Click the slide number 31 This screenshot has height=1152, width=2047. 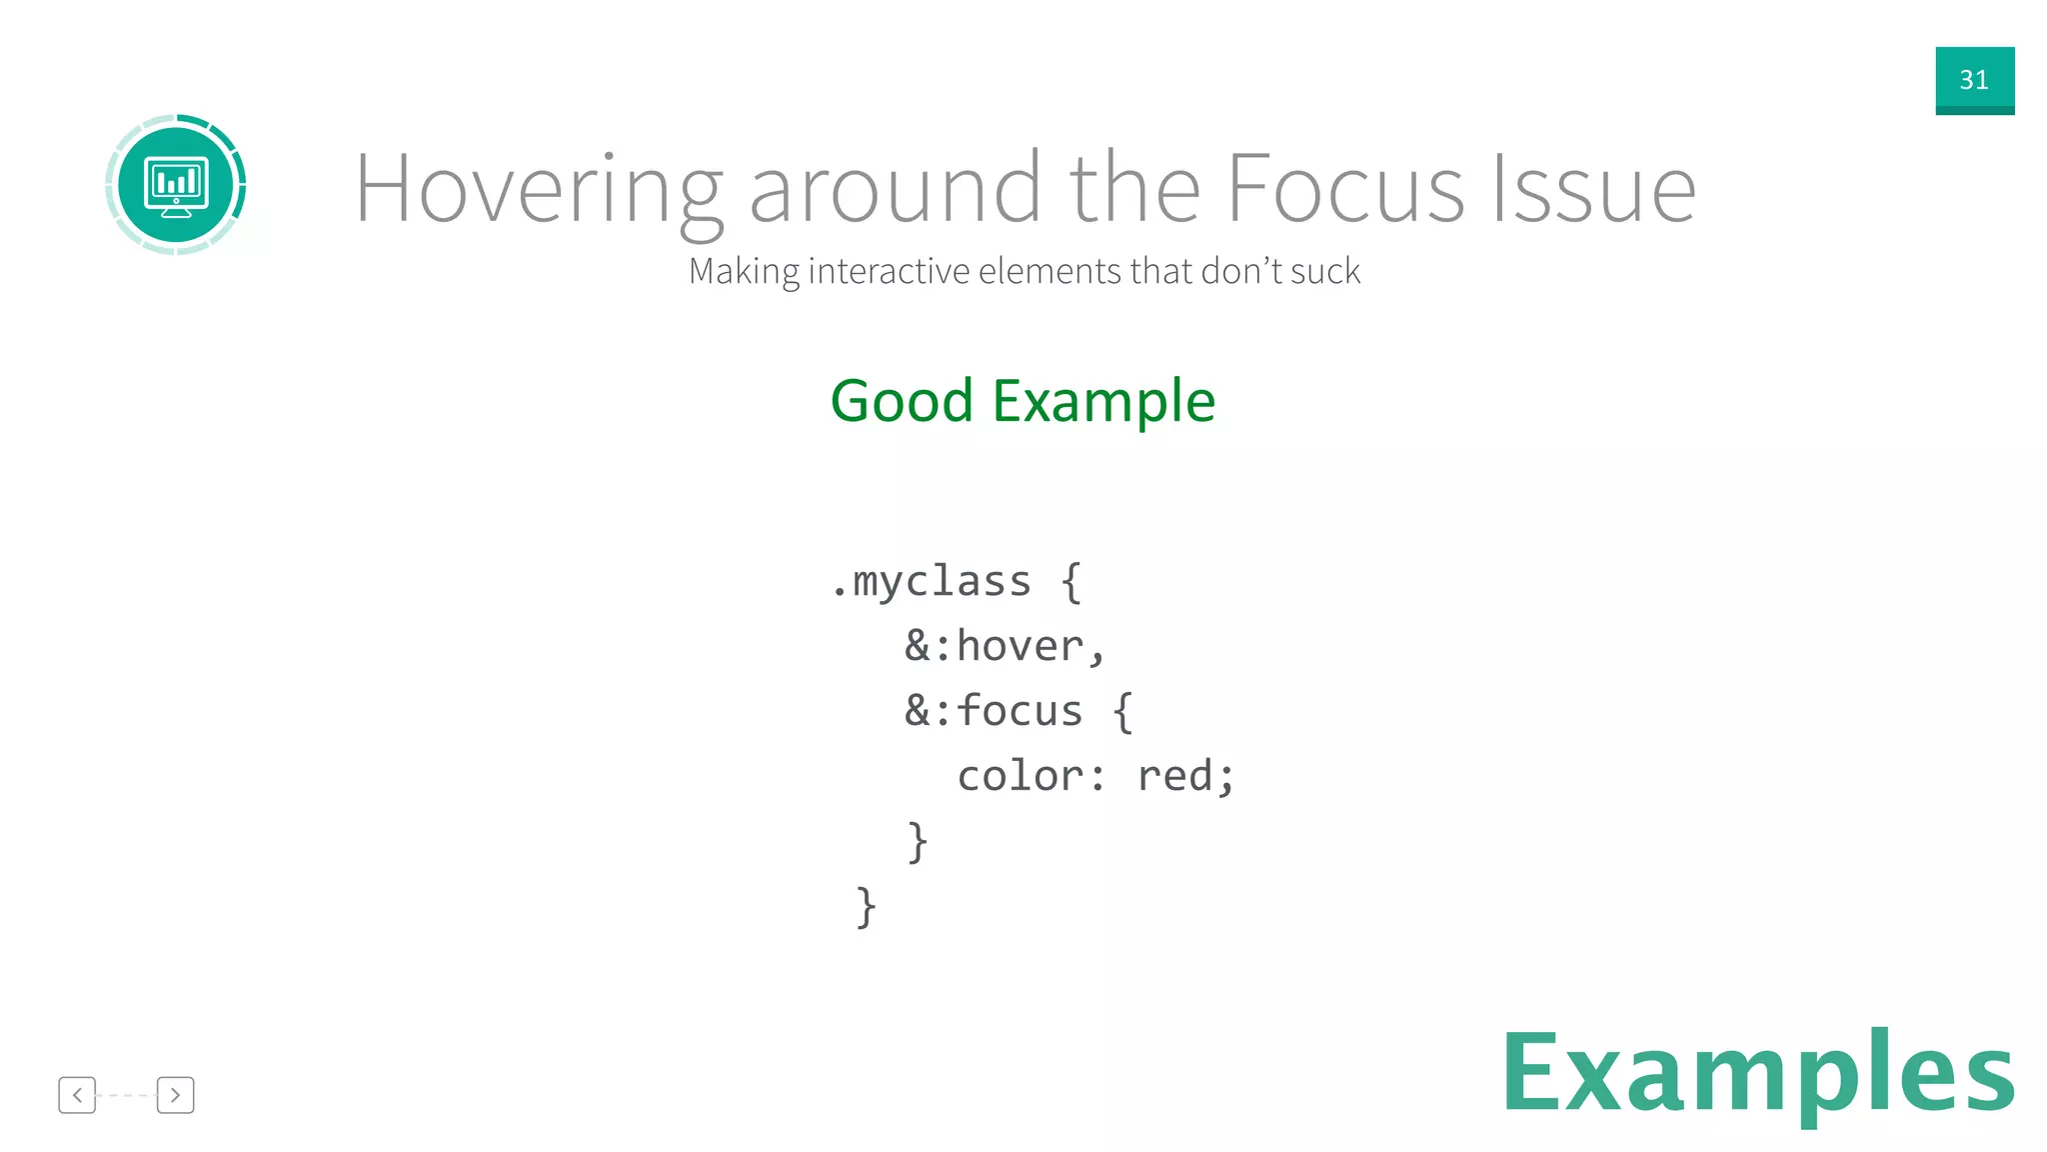(1974, 80)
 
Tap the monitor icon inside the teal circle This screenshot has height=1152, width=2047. (176, 186)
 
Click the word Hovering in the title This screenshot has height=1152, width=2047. (538, 190)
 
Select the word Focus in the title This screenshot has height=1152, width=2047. (1345, 190)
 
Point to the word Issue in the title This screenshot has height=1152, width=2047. (1594, 190)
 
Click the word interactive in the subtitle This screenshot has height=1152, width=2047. (889, 271)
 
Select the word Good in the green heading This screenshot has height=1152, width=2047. (902, 401)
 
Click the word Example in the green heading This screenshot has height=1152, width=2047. (1103, 401)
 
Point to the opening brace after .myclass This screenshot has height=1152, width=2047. (1070, 582)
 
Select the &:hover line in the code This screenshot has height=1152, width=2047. (1005, 647)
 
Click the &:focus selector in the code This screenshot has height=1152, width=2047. (994, 712)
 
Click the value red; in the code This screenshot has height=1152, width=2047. (1185, 777)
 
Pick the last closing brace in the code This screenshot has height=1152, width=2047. (866, 907)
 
